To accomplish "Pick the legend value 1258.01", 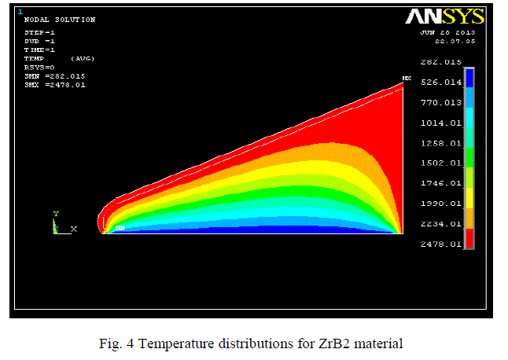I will coord(440,143).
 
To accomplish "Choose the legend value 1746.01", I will coord(440,183).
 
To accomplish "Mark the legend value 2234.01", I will coord(440,224).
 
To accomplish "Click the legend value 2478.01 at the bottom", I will coord(440,244).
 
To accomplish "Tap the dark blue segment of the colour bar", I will coord(469,77).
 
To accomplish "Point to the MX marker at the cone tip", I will coord(407,79).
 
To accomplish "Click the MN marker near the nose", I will coord(120,228).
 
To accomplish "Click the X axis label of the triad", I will coord(74,229).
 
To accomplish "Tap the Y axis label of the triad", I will coord(55,214).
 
